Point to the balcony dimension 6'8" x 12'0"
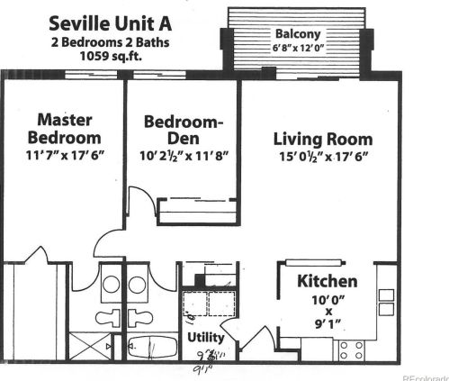pyautogui.click(x=296, y=47)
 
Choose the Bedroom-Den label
pyautogui.click(x=184, y=130)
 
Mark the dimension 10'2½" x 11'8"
pyautogui.click(x=184, y=154)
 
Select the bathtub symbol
pyautogui.click(x=146, y=347)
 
